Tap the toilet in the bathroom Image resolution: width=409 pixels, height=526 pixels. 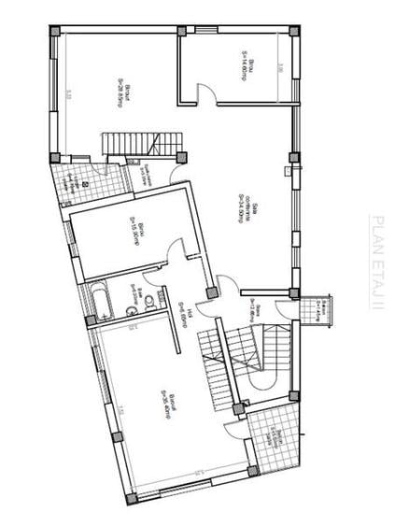coord(128,304)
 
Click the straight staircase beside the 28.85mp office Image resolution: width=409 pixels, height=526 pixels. coord(140,144)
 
